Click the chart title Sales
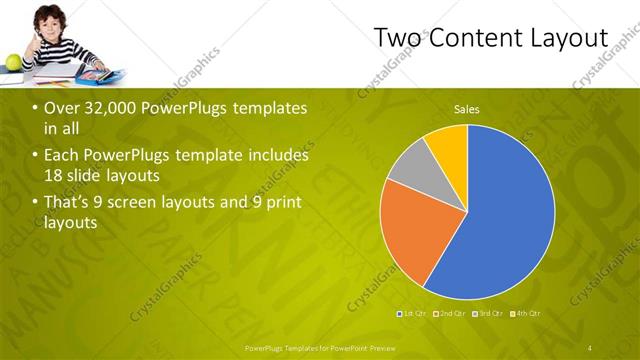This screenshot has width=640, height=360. click(466, 108)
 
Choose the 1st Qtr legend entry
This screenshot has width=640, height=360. click(412, 314)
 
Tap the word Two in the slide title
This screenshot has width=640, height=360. click(395, 37)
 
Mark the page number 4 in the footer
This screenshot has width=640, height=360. click(590, 347)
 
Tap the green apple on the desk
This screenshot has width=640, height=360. click(13, 62)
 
